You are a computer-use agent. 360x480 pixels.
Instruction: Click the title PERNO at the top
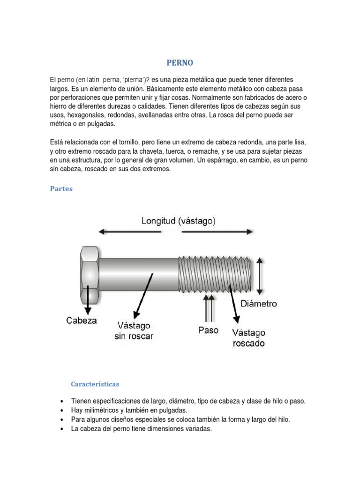click(x=180, y=62)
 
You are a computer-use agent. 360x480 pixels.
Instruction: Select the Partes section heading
click(x=61, y=189)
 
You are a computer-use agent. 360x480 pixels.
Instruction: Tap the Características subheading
click(x=95, y=384)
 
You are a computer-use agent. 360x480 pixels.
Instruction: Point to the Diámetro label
click(x=259, y=304)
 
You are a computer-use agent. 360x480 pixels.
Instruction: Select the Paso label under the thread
click(x=209, y=330)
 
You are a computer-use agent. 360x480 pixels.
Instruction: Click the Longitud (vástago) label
click(x=179, y=221)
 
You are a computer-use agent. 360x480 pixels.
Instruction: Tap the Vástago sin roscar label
click(x=134, y=330)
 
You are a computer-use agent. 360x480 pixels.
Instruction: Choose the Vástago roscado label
click(x=248, y=337)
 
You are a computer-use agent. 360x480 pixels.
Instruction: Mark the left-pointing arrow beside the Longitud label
click(x=117, y=231)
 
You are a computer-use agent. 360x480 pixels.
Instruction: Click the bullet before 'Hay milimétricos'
click(x=62, y=411)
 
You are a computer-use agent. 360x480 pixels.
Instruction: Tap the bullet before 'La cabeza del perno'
click(x=62, y=428)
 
